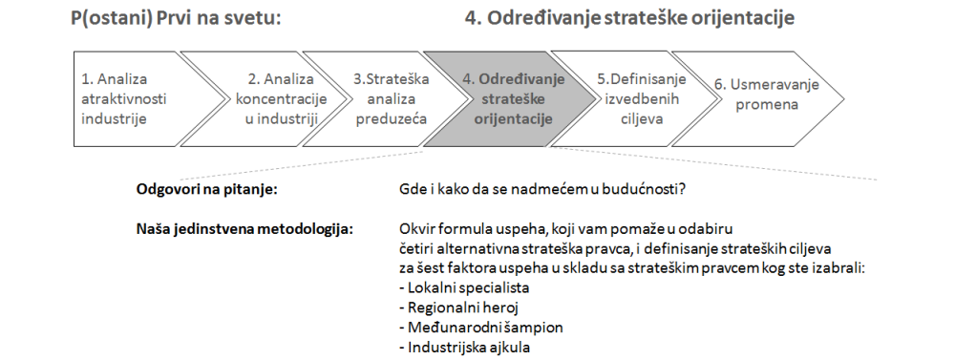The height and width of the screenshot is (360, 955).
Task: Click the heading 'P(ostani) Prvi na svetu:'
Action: [176, 18]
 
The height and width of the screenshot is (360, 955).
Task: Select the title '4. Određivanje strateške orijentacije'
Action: [629, 18]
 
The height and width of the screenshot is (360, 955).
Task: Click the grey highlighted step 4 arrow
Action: [510, 98]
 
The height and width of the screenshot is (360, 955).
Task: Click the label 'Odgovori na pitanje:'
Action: [207, 189]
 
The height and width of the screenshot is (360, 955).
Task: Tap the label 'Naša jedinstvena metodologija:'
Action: [244, 229]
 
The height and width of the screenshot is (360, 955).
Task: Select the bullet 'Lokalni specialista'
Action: [465, 287]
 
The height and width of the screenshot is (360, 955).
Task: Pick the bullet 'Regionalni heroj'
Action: [459, 307]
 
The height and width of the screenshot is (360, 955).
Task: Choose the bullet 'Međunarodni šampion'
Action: [481, 328]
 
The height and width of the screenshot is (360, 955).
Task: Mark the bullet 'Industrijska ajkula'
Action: [465, 348]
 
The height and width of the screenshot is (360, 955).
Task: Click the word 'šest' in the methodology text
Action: [433, 268]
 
